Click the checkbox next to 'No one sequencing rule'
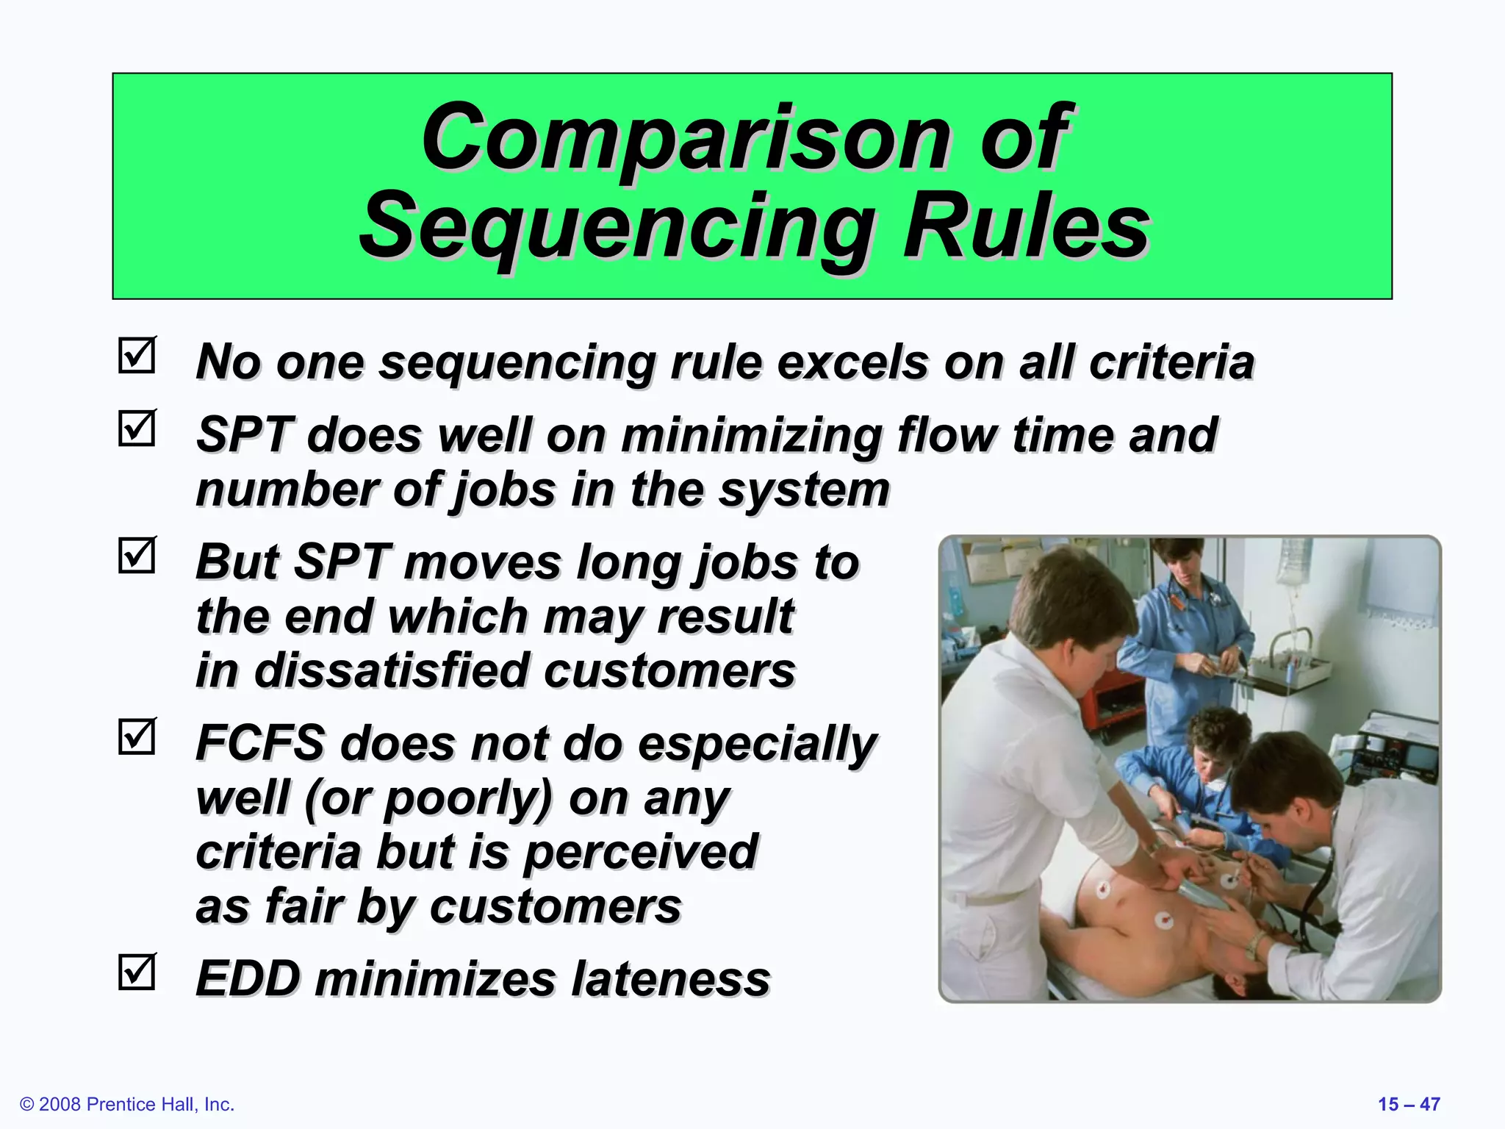(137, 356)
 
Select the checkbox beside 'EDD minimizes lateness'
(137, 972)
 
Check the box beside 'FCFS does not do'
(137, 736)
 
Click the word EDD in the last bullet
(248, 979)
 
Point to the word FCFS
(260, 743)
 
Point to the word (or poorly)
(426, 799)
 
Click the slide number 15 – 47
(1408, 1104)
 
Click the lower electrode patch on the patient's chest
(1163, 920)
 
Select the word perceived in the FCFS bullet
(639, 853)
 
